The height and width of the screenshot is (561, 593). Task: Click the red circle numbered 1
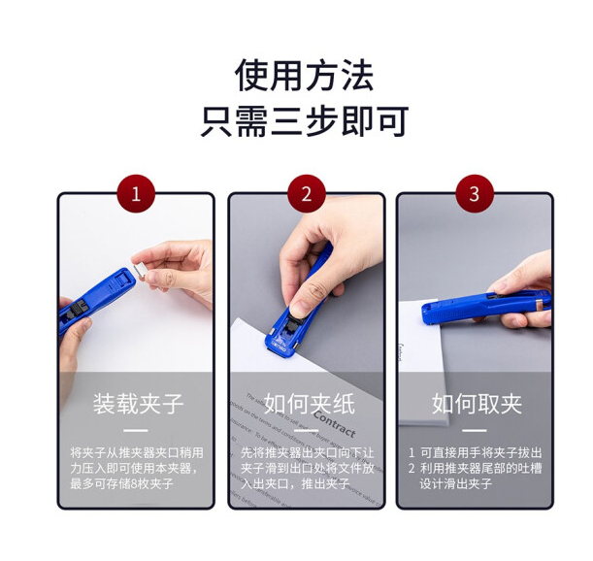pos(136,194)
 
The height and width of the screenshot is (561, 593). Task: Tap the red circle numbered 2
pos(307,194)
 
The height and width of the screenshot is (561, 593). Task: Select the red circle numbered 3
pos(475,194)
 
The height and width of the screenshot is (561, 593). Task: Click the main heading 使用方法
pos(305,76)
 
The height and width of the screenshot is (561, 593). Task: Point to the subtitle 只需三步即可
pos(305,120)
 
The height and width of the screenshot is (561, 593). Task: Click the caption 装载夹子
pos(139,404)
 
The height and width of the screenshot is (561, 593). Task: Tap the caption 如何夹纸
pos(310,404)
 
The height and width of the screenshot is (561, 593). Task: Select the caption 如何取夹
pos(478,404)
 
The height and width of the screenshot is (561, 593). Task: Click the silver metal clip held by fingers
pos(141,271)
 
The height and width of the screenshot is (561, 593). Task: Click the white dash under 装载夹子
pos(136,430)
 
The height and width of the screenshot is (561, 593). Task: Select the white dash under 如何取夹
pos(475,430)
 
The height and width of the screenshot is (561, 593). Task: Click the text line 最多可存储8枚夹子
pos(121,483)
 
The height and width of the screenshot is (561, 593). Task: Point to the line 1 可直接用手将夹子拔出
pos(475,453)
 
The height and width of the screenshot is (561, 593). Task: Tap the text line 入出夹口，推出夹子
pos(295,483)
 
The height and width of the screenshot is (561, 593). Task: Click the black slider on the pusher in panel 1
pos(77,310)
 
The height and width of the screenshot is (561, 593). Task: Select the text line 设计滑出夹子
pos(456,483)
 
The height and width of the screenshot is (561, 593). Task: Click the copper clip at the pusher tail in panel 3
pos(544,304)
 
